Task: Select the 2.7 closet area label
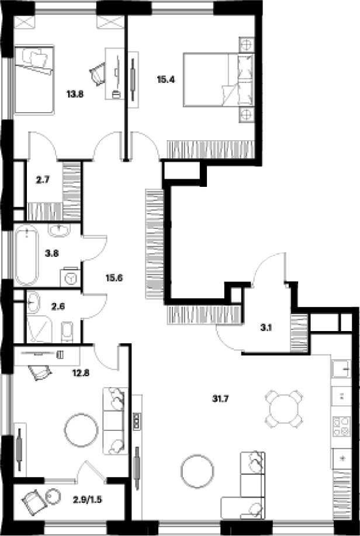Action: (42, 180)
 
